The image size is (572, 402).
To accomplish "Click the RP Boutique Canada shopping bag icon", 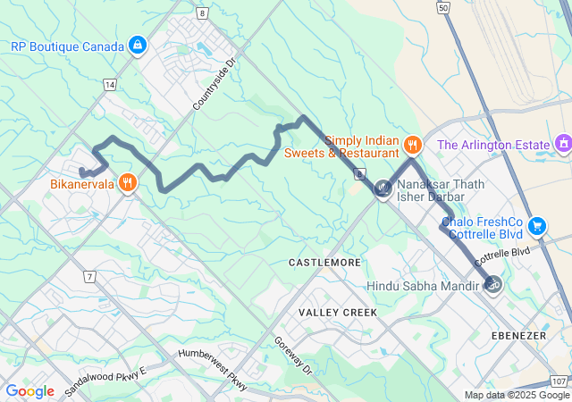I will pos(137,45).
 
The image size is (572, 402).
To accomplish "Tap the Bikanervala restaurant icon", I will pos(129,183).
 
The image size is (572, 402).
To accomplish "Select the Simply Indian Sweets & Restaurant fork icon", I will pos(411,144).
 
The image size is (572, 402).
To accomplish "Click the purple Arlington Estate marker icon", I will pos(563,143).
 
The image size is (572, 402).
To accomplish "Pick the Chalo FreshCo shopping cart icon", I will pos(536,225).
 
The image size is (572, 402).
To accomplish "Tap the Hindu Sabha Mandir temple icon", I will pos(491,285).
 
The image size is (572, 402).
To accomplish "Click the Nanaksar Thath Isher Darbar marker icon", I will pos(383,188).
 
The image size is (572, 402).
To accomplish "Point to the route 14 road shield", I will pos(109,84).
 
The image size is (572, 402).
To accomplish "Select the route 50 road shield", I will pos(442,6).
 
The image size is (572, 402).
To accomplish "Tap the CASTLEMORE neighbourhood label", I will pos(324,263).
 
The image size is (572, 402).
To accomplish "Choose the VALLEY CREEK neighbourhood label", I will pos(338,312).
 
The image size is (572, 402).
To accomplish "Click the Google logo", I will pos(30,390).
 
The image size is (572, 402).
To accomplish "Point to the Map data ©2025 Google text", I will pos(516,395).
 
